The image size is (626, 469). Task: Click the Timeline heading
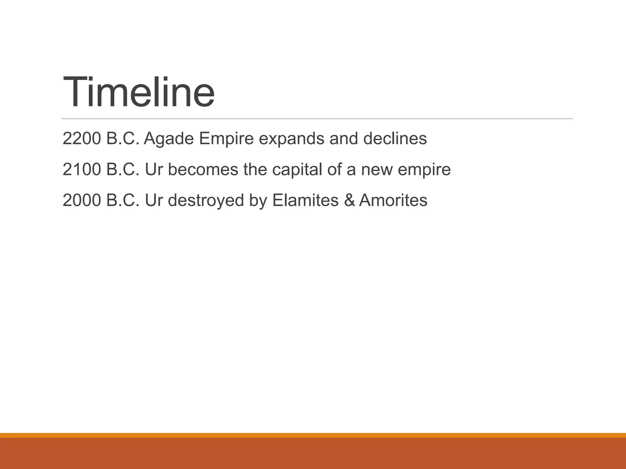click(x=138, y=91)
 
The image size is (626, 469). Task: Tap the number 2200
click(x=82, y=139)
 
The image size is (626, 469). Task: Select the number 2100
click(x=82, y=169)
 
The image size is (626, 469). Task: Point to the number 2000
click(x=82, y=200)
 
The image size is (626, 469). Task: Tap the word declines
click(x=395, y=139)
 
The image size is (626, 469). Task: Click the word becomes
click(x=203, y=169)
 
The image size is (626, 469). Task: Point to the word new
click(x=377, y=169)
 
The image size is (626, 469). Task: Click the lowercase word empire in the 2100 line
click(x=424, y=170)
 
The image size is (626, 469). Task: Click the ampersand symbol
click(x=349, y=200)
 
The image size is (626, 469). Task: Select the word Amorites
click(x=393, y=200)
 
